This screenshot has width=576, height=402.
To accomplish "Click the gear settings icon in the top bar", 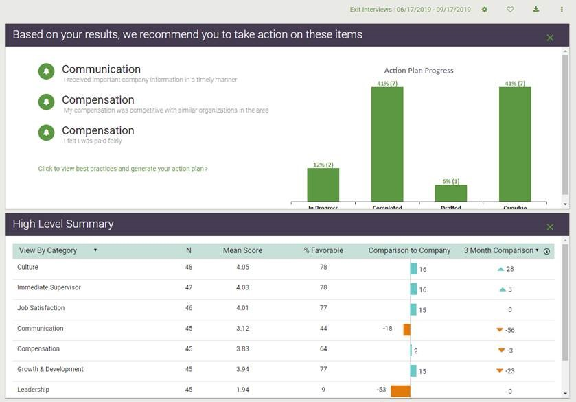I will pyautogui.click(x=485, y=10).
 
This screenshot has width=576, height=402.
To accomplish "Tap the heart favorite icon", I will pyautogui.click(x=510, y=10).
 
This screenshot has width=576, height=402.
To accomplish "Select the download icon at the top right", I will pyautogui.click(x=536, y=10).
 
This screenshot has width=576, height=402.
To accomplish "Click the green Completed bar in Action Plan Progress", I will pyautogui.click(x=387, y=144).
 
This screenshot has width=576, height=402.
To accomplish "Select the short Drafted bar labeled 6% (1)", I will pyautogui.click(x=451, y=193).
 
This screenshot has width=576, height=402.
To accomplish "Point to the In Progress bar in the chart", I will pyautogui.click(x=323, y=185).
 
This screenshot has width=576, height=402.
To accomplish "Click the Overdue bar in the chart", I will pyautogui.click(x=515, y=144).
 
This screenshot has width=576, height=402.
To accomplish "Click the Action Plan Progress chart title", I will pyautogui.click(x=419, y=71).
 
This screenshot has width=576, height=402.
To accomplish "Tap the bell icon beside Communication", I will pyautogui.click(x=47, y=71).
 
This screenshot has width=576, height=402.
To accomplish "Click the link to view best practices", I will pyautogui.click(x=123, y=168).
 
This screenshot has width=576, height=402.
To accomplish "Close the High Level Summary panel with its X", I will pyautogui.click(x=550, y=227).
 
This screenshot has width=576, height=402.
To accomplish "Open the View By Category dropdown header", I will pyautogui.click(x=58, y=250).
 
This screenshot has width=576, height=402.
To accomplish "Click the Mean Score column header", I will pyautogui.click(x=242, y=250).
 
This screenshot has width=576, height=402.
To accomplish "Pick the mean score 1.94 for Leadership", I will pyautogui.click(x=242, y=390).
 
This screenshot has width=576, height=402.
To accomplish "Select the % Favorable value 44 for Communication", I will pyautogui.click(x=323, y=329).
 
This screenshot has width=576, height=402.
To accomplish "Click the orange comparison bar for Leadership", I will pyautogui.click(x=400, y=390).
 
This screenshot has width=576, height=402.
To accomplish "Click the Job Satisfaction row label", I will pyautogui.click(x=41, y=308).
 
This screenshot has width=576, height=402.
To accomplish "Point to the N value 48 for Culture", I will pyautogui.click(x=189, y=267).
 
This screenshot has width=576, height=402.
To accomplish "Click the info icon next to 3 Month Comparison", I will pyautogui.click(x=546, y=251).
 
